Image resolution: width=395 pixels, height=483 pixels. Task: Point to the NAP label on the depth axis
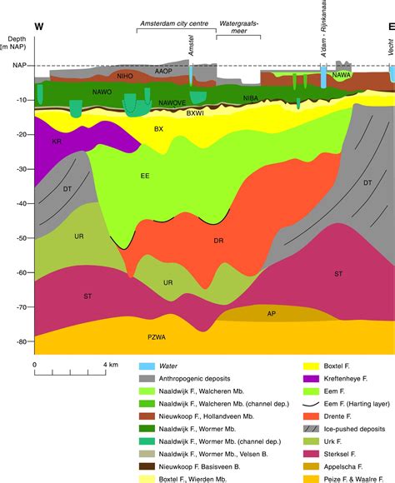[17, 65]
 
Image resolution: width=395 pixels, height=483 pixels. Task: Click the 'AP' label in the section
[272, 314]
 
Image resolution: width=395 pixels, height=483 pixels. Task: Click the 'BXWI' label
[195, 112]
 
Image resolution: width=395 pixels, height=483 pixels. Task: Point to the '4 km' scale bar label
[110, 366]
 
